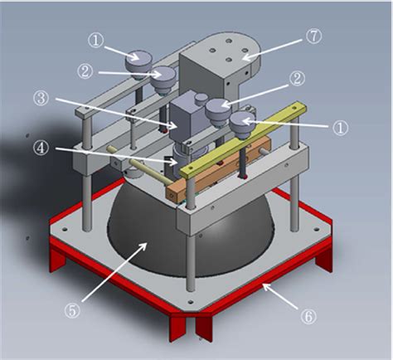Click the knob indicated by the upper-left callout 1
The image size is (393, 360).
137,61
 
